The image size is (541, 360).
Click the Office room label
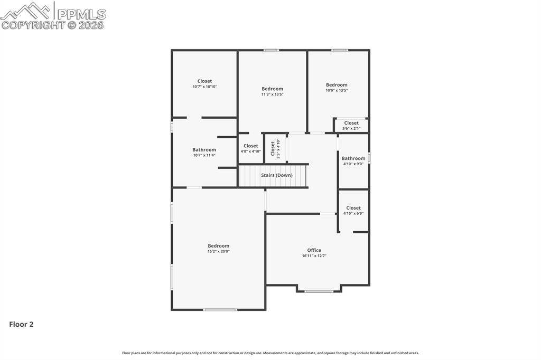[314, 250]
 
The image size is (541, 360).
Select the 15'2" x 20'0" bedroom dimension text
[218, 251]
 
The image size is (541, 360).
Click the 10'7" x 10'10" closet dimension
[204, 87]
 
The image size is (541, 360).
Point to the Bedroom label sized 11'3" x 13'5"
[272, 89]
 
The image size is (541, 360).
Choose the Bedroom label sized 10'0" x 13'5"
[337, 85]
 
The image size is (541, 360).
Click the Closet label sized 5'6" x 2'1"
[351, 123]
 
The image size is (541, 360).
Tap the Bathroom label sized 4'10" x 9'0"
[353, 158]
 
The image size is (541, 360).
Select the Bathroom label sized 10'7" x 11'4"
[204, 150]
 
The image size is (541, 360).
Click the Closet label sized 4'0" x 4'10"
[251, 146]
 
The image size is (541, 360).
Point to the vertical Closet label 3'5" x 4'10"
[273, 148]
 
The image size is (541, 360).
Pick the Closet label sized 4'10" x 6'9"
[353, 208]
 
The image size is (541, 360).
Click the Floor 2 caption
[21, 325]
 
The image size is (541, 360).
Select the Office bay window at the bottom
[319, 291]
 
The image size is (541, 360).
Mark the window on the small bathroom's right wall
[369, 157]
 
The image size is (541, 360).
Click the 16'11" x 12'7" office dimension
[314, 256]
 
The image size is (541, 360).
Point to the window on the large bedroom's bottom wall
[220, 309]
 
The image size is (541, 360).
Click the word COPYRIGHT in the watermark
[33, 25]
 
